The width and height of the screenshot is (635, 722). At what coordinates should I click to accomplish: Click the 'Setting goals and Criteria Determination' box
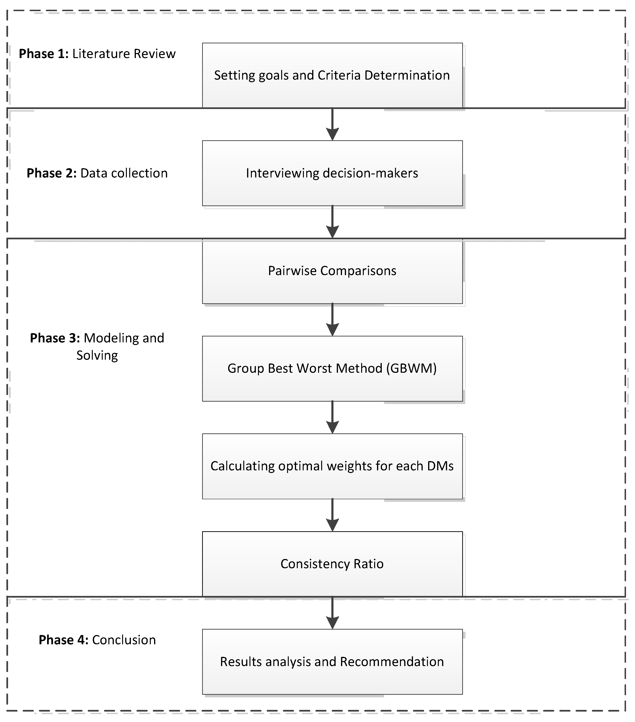pyautogui.click(x=332, y=75)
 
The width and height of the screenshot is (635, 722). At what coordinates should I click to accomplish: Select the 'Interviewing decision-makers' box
pyautogui.click(x=332, y=173)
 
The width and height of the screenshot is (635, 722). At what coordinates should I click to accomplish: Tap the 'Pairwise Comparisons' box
pyautogui.click(x=332, y=271)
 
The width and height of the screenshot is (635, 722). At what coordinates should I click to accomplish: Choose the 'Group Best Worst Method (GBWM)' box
pyautogui.click(x=332, y=368)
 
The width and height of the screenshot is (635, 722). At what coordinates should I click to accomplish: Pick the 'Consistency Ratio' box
pyautogui.click(x=332, y=564)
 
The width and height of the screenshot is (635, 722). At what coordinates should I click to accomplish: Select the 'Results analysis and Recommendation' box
pyautogui.click(x=332, y=662)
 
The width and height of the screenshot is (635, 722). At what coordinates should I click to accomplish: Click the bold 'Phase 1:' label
pyautogui.click(x=44, y=54)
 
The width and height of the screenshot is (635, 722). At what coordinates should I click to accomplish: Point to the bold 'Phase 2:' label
pyautogui.click(x=52, y=173)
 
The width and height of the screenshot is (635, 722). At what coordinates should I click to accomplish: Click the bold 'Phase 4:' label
pyautogui.click(x=63, y=640)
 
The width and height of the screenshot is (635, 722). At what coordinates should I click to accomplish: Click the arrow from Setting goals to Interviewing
pyautogui.click(x=332, y=124)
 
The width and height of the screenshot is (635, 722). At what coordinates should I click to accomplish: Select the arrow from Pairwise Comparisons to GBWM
pyautogui.click(x=332, y=320)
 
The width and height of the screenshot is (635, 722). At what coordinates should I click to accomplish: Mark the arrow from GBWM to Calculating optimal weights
pyautogui.click(x=332, y=417)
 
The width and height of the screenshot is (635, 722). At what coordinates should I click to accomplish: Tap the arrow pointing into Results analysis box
pyautogui.click(x=332, y=613)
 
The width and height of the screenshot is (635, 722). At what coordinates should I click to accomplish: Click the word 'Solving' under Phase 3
pyautogui.click(x=97, y=355)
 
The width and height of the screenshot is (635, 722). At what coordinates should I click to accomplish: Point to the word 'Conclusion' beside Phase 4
pyautogui.click(x=124, y=640)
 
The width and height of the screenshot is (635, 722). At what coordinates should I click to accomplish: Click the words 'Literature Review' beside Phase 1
pyautogui.click(x=124, y=54)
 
